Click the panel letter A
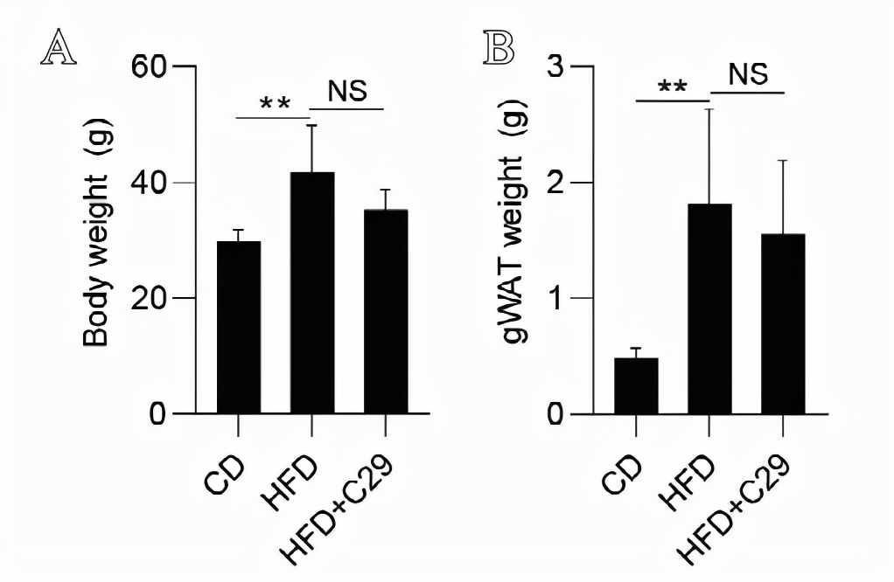58,48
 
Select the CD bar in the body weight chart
238,327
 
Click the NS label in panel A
347,90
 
